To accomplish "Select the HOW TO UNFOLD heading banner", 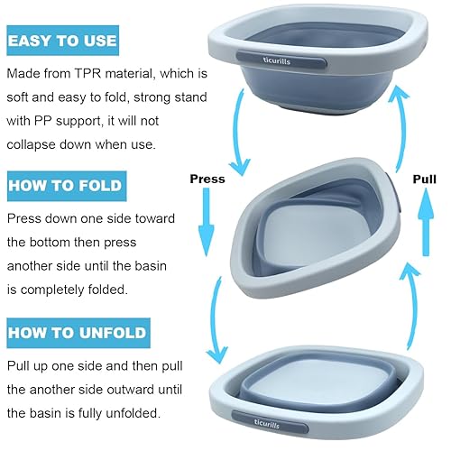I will pyautogui.click(x=77, y=333).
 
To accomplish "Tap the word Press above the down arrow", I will pyautogui.click(x=207, y=179).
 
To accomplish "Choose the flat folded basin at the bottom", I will pyautogui.click(x=320, y=388).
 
